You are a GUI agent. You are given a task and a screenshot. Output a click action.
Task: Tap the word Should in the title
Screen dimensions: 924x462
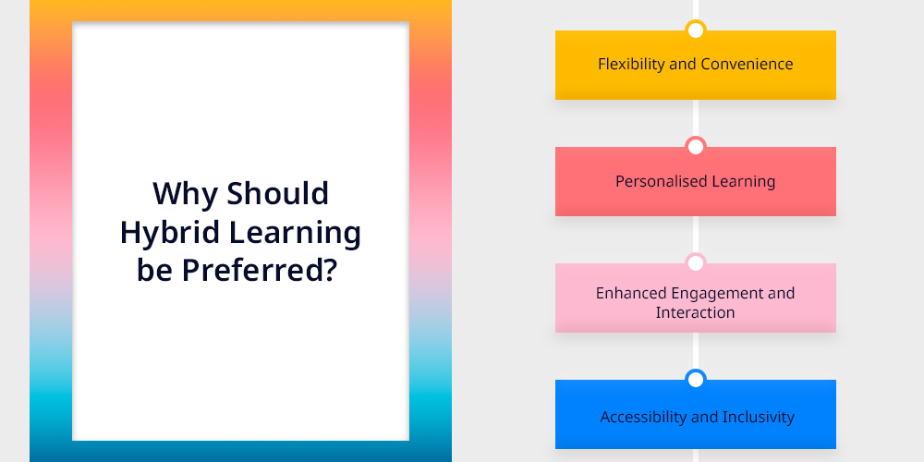(277, 193)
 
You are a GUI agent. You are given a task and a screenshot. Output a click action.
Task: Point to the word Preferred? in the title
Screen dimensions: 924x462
(260, 270)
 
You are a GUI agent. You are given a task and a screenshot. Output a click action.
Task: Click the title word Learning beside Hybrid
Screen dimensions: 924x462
(295, 233)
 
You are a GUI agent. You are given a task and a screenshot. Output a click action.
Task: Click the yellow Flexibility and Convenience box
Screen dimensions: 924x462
(696, 65)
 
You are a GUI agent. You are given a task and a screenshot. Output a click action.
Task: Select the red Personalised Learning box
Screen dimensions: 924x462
(696, 181)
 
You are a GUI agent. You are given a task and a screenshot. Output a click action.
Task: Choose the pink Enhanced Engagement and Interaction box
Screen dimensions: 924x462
(696, 298)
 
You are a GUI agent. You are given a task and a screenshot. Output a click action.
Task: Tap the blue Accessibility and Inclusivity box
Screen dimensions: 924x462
(696, 414)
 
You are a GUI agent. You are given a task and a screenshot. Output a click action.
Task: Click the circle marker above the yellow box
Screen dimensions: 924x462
(696, 30)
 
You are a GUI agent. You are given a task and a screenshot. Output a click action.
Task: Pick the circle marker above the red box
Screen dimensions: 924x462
(696, 147)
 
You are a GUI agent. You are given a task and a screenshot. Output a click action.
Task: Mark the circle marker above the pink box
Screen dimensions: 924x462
(696, 262)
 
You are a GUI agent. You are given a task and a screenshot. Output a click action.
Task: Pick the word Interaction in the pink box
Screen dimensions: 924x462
(696, 312)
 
